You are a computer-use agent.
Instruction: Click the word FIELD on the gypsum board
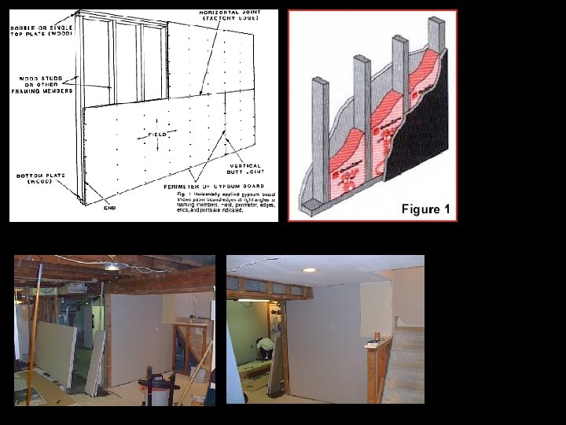(x=155, y=135)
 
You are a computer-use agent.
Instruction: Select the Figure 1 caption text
(x=425, y=209)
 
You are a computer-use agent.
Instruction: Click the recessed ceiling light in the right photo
(x=311, y=270)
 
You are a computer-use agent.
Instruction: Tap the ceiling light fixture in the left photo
(x=113, y=268)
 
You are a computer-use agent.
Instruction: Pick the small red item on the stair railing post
(x=377, y=337)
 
